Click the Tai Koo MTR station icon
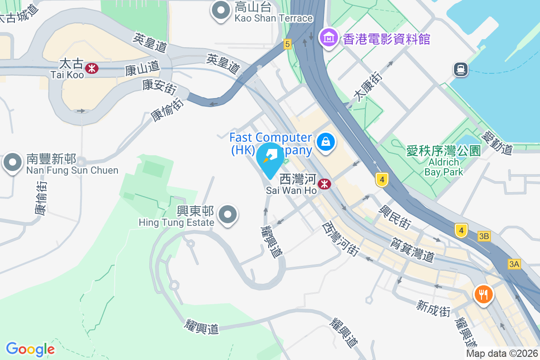point(92,68)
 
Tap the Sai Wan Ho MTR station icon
point(324,184)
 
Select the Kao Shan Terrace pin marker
point(221,12)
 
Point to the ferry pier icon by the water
point(461,69)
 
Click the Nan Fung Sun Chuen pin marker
point(13,163)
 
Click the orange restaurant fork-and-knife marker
point(483,295)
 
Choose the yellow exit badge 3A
point(514,264)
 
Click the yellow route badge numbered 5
point(288,44)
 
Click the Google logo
point(30,349)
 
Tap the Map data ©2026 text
point(502,354)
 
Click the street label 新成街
point(433,309)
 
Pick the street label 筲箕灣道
point(413,250)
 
